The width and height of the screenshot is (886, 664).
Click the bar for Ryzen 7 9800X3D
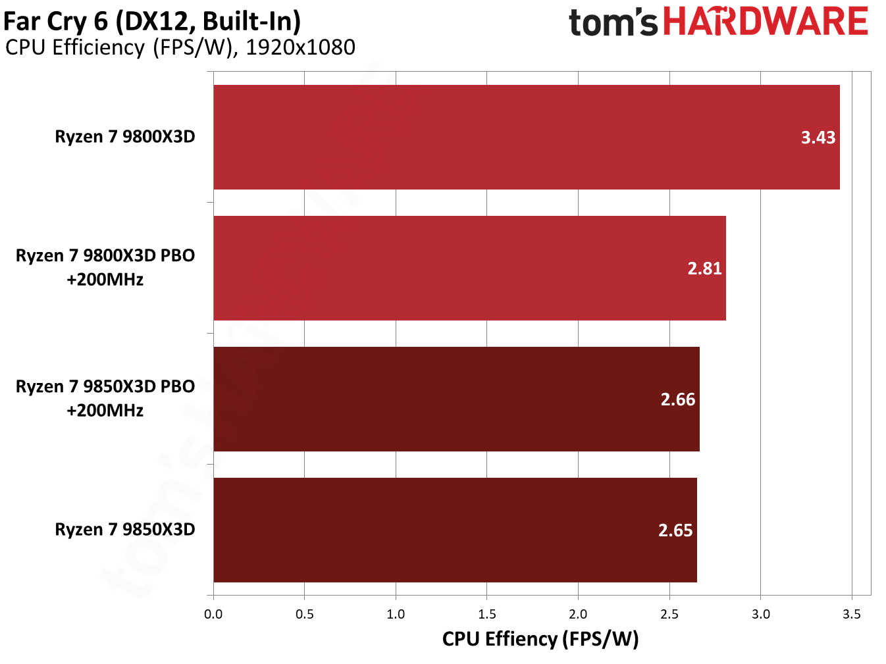point(527,137)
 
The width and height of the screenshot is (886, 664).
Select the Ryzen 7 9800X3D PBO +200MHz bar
point(469,268)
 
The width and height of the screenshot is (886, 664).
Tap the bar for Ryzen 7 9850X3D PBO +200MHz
point(456,399)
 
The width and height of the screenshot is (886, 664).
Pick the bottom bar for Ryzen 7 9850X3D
point(455,530)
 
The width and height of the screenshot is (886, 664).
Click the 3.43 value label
point(818,138)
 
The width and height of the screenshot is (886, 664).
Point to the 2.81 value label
point(704,268)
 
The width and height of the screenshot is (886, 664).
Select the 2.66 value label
point(677,399)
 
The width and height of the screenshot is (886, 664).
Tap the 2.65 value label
point(675,530)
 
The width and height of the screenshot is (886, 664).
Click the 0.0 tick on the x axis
point(213,614)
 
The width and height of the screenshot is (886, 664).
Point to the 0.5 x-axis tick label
point(305,614)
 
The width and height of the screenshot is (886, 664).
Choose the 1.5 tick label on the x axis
point(487,614)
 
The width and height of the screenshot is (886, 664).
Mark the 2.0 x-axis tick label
point(578,614)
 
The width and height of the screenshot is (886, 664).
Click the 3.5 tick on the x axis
point(851,614)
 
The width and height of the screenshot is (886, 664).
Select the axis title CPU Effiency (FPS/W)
point(540,639)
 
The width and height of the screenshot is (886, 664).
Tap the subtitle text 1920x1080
point(300,47)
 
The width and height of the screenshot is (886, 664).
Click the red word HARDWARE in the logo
point(766,22)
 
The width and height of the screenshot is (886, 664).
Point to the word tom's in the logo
point(613,22)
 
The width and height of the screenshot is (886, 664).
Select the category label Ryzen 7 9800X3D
point(125,137)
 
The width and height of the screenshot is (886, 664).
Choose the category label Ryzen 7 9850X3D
point(125,530)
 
